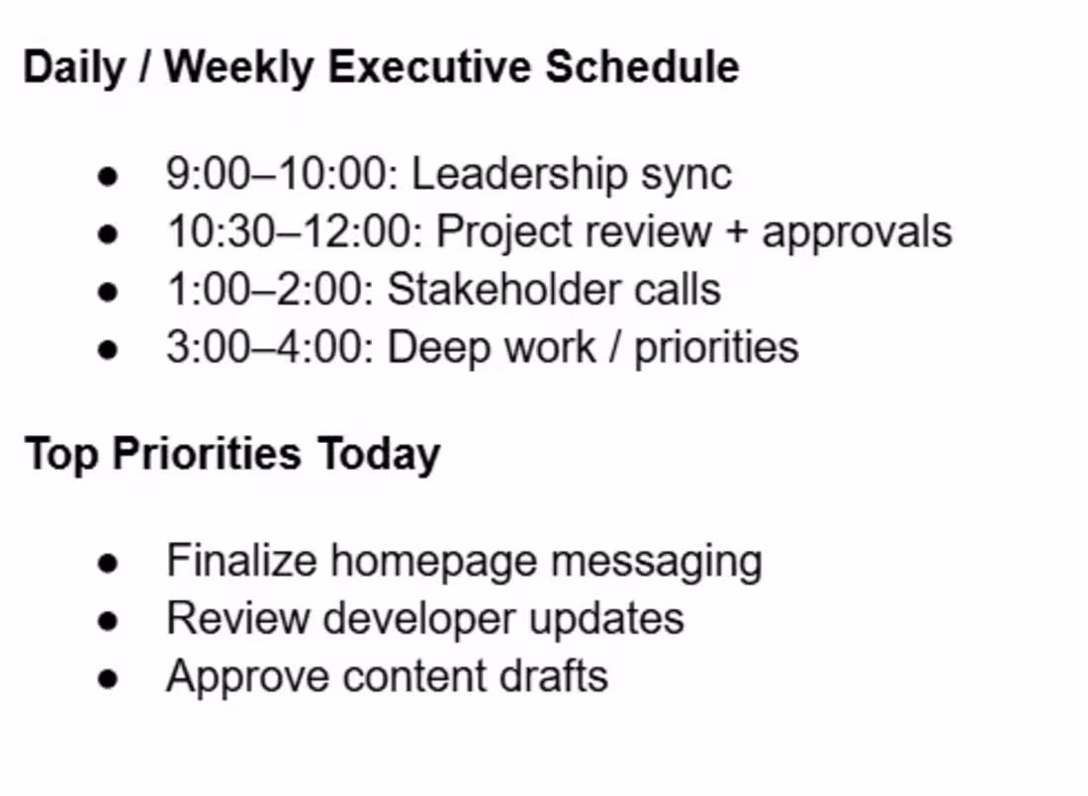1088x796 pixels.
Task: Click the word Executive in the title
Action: point(430,67)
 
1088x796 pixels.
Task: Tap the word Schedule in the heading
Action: point(642,67)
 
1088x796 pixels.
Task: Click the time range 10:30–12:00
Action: point(295,231)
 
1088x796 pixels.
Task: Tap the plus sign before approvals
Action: point(736,232)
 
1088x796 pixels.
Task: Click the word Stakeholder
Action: point(503,289)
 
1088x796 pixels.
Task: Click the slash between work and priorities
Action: point(615,348)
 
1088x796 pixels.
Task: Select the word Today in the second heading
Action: point(380,455)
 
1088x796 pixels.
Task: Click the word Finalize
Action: point(241,560)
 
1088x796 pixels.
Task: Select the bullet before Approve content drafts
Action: point(108,678)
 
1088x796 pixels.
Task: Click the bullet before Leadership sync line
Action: point(108,176)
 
